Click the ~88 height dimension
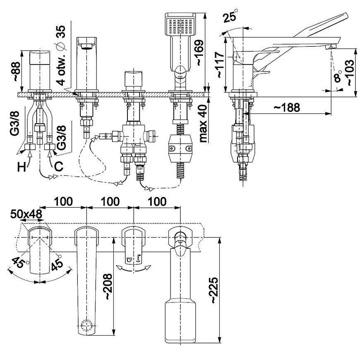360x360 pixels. pos(17,71)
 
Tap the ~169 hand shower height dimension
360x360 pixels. pos(199,53)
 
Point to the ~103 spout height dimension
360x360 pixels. pos(351,73)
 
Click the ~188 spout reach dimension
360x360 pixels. pos(287,107)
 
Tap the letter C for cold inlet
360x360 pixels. pos(59,166)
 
